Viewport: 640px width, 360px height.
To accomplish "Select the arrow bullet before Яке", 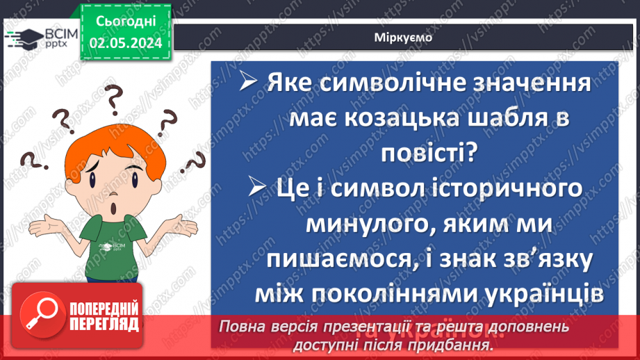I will pos(248,84).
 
